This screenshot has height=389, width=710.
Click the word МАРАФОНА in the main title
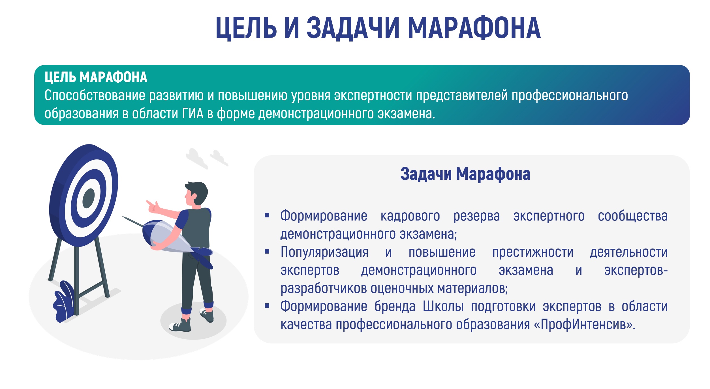pyautogui.click(x=474, y=28)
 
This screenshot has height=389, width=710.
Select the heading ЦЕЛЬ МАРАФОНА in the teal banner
pyautogui.click(x=96, y=77)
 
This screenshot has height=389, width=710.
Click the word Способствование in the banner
pyautogui.click(x=95, y=95)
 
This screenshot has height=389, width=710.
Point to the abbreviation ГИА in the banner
pyautogui.click(x=193, y=114)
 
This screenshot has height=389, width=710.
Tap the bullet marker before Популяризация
pyautogui.click(x=267, y=252)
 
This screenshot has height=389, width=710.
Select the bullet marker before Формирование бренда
pyautogui.click(x=267, y=306)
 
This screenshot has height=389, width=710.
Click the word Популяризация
pyautogui.click(x=324, y=252)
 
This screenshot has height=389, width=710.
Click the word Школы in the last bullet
pyautogui.click(x=443, y=306)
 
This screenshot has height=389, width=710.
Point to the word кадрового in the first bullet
pyautogui.click(x=410, y=216)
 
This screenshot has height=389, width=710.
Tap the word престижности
pyautogui.click(x=533, y=252)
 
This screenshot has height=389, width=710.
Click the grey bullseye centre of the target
pyautogui.click(x=89, y=198)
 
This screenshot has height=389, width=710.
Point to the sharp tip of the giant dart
pyautogui.click(x=122, y=217)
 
